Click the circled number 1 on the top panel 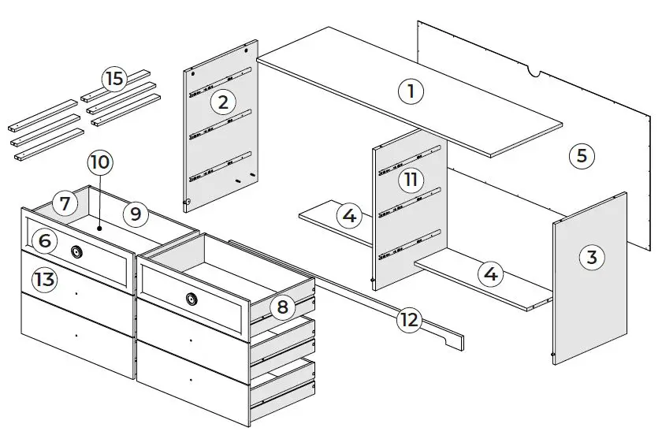(410, 91)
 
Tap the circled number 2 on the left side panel (223, 101)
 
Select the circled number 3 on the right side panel (591, 257)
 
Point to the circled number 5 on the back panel (581, 155)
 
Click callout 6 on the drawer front (45, 240)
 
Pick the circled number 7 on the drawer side (65, 204)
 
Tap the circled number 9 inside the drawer (135, 212)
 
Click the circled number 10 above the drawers (100, 163)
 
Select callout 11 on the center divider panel (411, 180)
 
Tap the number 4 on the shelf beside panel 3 (491, 274)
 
